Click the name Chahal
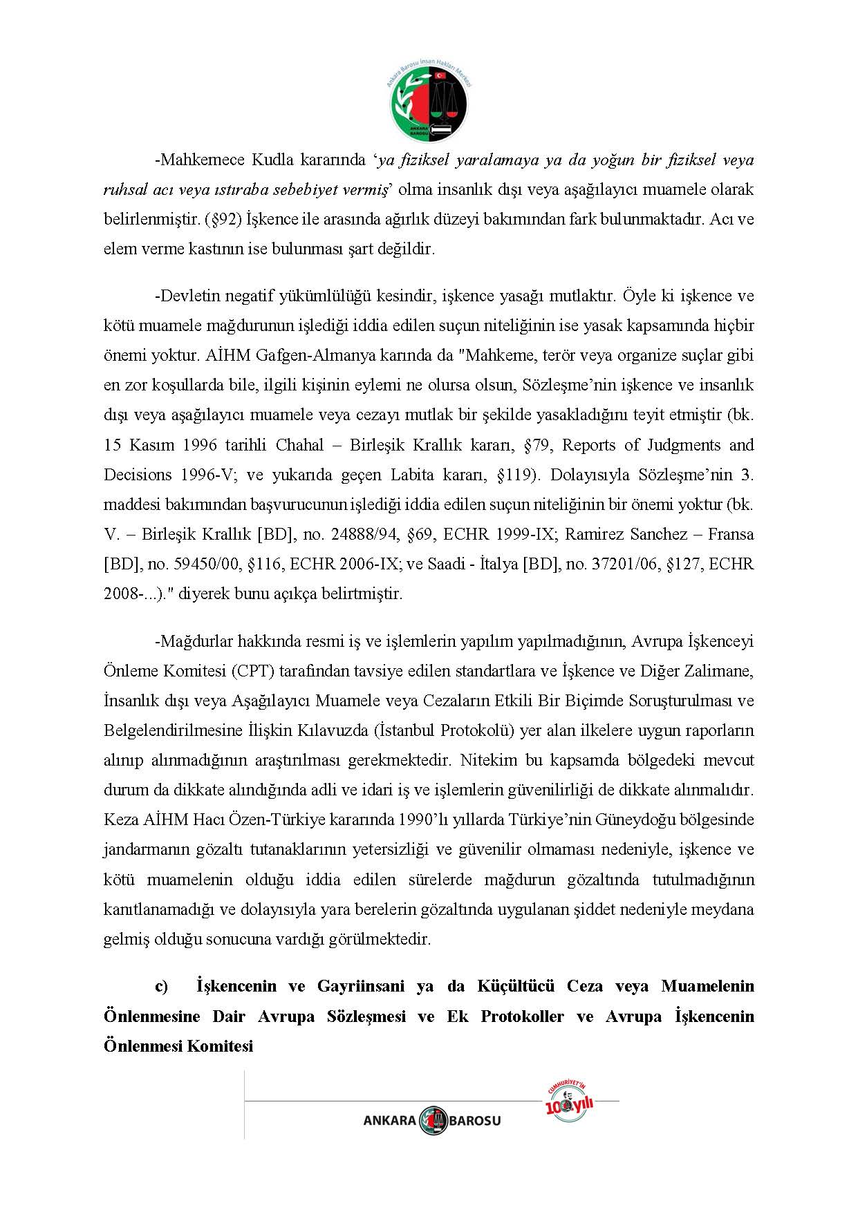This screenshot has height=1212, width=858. point(299,445)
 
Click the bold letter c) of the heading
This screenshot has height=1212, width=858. point(162,986)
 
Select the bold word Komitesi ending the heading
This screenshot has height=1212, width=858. point(218,1046)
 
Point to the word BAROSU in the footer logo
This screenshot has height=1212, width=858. point(475,1121)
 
